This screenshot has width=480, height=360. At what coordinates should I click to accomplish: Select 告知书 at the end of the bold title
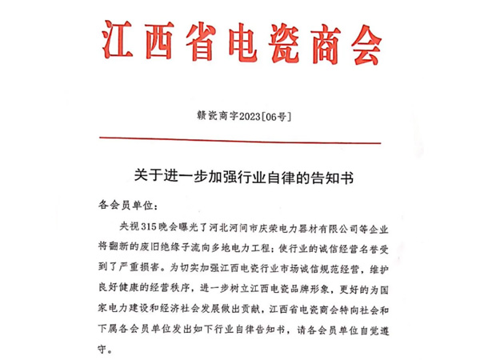click(334, 173)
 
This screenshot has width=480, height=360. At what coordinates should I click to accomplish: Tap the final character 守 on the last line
click(100, 350)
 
